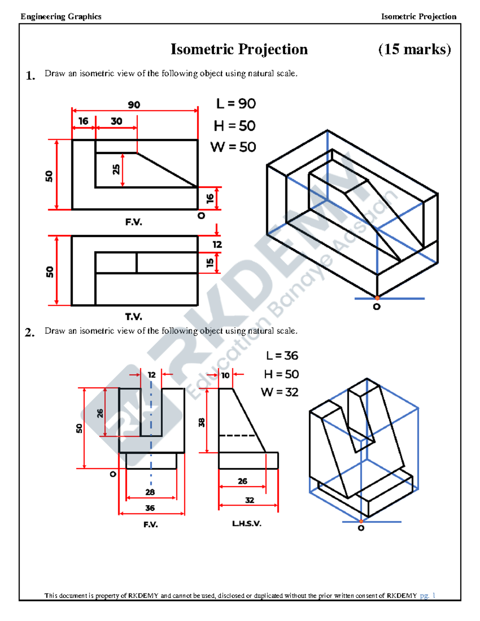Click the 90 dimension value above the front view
click(x=134, y=105)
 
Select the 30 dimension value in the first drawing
click(x=116, y=121)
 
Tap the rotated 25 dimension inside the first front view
click(x=116, y=169)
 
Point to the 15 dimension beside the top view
click(x=210, y=263)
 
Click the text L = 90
click(x=236, y=104)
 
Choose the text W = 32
click(x=280, y=392)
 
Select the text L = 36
click(x=282, y=355)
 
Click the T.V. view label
click(x=134, y=317)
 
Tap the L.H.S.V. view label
click(x=247, y=523)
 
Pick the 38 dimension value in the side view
click(x=202, y=422)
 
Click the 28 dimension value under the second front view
click(x=150, y=492)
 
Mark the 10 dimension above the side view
click(x=226, y=375)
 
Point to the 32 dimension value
click(x=250, y=500)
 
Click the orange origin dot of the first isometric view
click(x=377, y=298)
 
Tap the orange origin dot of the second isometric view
click(x=361, y=521)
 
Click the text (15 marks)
click(x=414, y=49)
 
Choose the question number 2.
click(x=30, y=332)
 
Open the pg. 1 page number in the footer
click(x=427, y=595)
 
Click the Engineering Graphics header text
click(x=61, y=16)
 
